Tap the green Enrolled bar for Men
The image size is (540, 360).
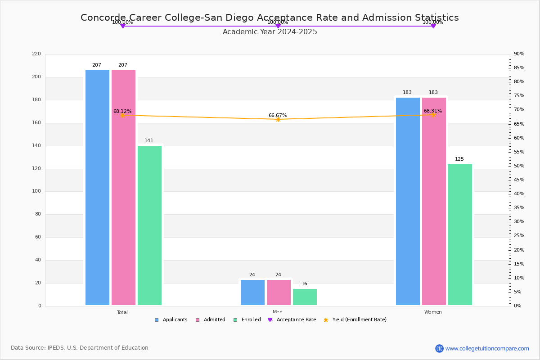305,297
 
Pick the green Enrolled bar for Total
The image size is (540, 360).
149,225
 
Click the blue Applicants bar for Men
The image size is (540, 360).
252,292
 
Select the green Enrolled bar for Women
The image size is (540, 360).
460,234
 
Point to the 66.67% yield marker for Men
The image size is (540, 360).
278,119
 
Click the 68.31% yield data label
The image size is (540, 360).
432,111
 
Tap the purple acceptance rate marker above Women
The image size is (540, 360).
433,26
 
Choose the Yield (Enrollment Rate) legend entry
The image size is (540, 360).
359,320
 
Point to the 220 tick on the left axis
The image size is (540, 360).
36,54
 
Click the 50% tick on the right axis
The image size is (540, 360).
519,166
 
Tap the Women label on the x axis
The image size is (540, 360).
433,312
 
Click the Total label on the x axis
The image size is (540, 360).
122,312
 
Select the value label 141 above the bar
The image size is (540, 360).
149,141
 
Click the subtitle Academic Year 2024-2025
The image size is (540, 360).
270,32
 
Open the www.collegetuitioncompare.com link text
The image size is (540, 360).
487,348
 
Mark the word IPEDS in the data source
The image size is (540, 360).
56,348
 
